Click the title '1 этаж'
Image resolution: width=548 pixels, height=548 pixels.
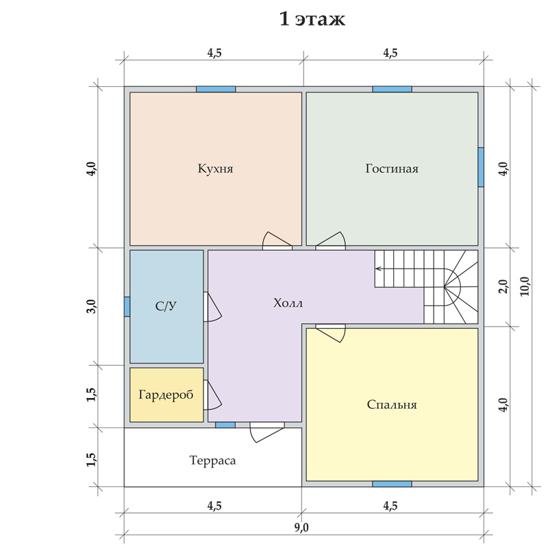[x=312, y=19]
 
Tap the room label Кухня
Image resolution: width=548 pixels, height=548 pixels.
[x=215, y=169]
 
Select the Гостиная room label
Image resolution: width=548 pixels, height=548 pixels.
[x=392, y=169]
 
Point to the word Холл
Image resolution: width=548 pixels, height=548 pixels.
[x=288, y=303]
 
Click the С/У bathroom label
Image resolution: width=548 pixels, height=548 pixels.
[x=166, y=306]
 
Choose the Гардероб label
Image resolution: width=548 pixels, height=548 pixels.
[x=166, y=395]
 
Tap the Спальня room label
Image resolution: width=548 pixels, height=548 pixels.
[x=392, y=405]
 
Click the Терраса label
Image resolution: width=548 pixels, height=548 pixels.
[x=212, y=460]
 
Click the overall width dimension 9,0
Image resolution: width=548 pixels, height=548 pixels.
[x=301, y=527]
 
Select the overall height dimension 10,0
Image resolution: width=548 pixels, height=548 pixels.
[x=525, y=286]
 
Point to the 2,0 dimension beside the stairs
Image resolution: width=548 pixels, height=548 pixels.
[x=503, y=286]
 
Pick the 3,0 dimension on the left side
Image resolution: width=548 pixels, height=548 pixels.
[x=92, y=306]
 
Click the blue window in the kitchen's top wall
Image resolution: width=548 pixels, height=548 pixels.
[x=216, y=89]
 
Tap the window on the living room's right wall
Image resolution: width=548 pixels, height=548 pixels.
[x=481, y=167]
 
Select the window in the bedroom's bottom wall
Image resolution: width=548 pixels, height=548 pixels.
[x=392, y=484]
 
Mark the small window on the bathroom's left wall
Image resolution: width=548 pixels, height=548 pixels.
[x=127, y=307]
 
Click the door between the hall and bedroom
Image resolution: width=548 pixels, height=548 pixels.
[x=331, y=333]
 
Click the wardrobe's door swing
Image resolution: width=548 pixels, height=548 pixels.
[x=212, y=395]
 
